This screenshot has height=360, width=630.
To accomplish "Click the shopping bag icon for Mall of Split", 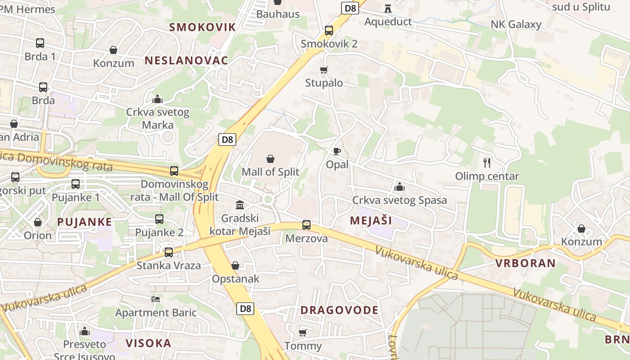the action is tap(270, 159).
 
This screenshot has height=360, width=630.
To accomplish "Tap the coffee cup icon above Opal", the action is tap(337, 151).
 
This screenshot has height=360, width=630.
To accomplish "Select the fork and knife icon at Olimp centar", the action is tap(486, 162).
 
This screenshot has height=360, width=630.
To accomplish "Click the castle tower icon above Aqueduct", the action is tap(388, 8).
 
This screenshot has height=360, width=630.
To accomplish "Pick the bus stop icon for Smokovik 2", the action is tap(329, 31).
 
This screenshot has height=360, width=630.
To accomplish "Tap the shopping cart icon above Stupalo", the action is tap(324, 70).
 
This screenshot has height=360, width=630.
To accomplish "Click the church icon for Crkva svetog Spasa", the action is tap(399, 187).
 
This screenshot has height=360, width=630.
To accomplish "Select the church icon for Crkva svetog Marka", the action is tap(157, 99).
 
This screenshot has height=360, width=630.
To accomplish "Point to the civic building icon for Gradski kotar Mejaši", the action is tap(240, 205).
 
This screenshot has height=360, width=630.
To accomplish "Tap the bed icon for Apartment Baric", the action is tap(156, 299).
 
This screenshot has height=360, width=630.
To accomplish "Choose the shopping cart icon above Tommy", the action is tap(303, 333).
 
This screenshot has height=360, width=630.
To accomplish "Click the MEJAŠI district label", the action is tap(370, 220).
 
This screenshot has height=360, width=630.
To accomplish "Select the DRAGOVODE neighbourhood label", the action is tap(339, 310).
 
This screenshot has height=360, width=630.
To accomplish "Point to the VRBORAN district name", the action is tap(526, 263).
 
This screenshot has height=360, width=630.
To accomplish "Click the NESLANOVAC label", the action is tap(186, 60).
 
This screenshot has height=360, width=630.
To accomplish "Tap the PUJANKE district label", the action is tap(85, 222).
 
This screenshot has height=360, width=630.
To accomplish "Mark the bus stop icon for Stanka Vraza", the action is tap(169, 252).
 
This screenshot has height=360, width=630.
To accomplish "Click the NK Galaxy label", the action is tap(516, 24).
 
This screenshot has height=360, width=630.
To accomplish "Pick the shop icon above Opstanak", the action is tap(235, 265).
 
